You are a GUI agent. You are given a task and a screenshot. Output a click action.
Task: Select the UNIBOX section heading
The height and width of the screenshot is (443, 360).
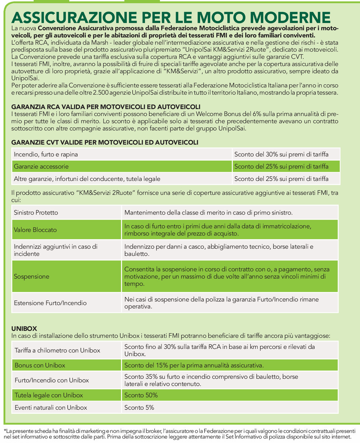(22, 328)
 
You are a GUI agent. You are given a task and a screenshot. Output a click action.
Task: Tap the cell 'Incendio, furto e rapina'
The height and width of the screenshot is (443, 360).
(46, 154)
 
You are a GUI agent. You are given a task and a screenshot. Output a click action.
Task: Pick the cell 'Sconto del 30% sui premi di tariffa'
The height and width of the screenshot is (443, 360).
(281, 154)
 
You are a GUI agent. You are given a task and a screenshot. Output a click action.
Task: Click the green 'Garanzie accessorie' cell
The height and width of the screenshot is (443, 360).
(41, 166)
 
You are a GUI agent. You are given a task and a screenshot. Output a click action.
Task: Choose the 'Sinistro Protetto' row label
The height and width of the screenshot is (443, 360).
(36, 213)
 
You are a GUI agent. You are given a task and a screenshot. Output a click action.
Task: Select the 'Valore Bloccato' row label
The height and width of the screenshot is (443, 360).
(35, 230)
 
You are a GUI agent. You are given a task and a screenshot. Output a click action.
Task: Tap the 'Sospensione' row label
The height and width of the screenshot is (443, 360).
(31, 276)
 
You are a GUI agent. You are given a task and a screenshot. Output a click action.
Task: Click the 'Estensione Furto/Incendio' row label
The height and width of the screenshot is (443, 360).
(50, 303)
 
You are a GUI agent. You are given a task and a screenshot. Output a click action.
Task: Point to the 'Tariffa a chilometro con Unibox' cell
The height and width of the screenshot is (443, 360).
(57, 350)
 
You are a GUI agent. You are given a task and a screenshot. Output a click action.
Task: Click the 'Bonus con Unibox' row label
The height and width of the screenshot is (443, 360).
(40, 365)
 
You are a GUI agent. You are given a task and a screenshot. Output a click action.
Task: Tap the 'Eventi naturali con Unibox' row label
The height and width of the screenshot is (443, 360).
(51, 408)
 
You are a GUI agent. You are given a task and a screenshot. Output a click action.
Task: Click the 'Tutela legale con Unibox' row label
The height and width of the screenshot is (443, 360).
(49, 395)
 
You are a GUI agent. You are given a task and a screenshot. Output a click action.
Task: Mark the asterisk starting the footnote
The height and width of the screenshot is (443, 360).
(5, 430)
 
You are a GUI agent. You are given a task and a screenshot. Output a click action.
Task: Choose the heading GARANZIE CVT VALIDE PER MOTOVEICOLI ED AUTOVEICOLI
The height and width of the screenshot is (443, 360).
(105, 142)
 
